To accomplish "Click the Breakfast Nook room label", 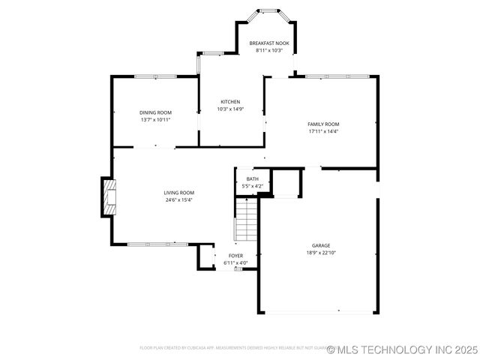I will [x=268, y=43].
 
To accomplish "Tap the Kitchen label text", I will [x=230, y=102].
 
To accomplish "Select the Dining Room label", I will [x=155, y=112].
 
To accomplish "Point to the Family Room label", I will [x=323, y=124].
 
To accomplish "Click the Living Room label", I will [x=179, y=193].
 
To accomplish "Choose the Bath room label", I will [x=252, y=178].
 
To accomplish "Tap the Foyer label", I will [x=235, y=256].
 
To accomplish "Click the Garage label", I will [x=321, y=245].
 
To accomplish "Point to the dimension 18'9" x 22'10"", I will [x=321, y=253].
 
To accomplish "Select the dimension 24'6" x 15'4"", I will [x=179, y=200].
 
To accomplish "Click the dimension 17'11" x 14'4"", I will [x=323, y=131].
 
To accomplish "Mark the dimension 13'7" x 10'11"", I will [x=155, y=120].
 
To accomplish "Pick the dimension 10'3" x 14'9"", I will [x=230, y=109].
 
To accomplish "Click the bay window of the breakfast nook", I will [x=268, y=12].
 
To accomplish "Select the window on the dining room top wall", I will [x=154, y=76].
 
